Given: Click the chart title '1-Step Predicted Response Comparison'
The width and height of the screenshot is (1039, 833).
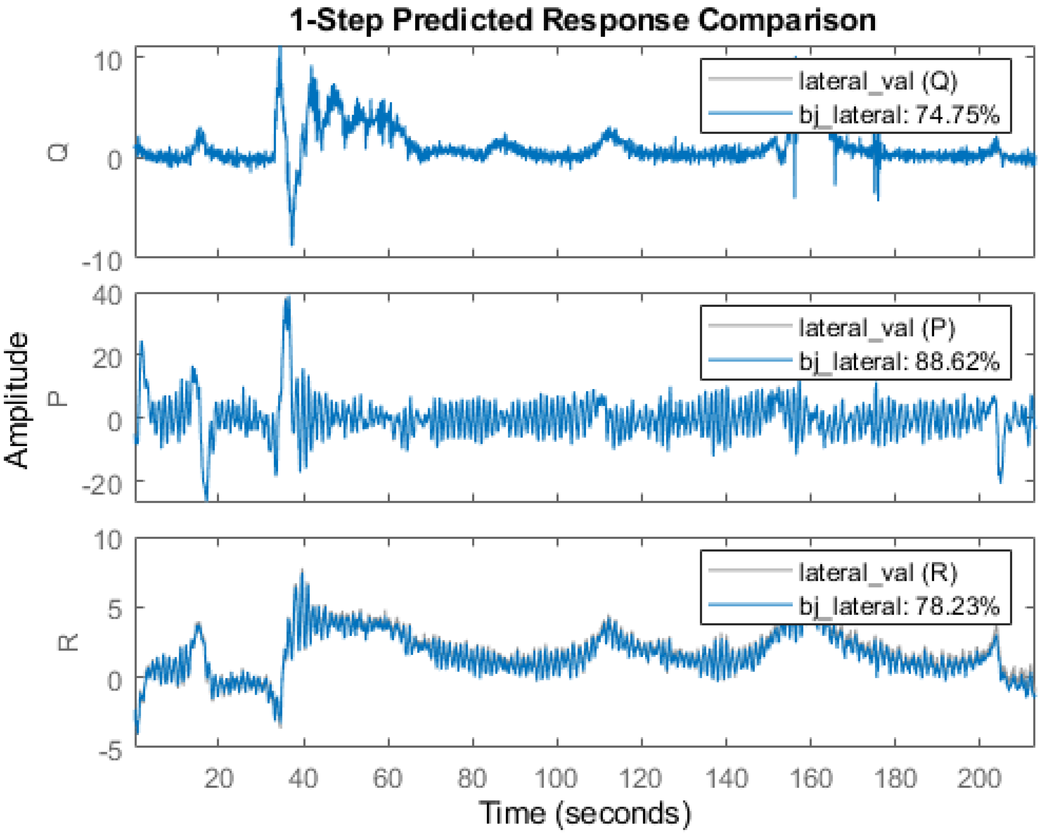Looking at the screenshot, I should click(x=583, y=20).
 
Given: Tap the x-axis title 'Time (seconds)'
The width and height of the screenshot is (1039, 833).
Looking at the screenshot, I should click(x=585, y=812).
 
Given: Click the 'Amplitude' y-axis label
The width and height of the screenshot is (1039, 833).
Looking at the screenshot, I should click(x=16, y=399).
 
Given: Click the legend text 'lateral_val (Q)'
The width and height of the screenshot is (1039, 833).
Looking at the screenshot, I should click(x=878, y=81).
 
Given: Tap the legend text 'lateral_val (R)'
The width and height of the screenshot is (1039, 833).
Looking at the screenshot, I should click(x=878, y=572).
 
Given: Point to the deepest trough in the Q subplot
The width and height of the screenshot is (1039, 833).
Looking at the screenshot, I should click(x=292, y=243).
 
